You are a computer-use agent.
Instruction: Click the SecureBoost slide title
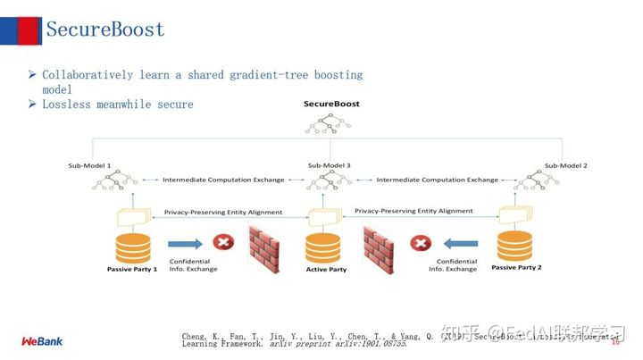[105, 29]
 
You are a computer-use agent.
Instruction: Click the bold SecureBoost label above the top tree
[330, 105]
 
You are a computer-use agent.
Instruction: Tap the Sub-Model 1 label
[90, 165]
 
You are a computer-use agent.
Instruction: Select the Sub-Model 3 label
[329, 166]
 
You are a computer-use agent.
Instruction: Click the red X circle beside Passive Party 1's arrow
[222, 242]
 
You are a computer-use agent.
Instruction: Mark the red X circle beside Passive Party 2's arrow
[420, 242]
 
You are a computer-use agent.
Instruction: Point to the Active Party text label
[326, 270]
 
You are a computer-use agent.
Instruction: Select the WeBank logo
[42, 340]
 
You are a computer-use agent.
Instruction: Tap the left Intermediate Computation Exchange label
[223, 180]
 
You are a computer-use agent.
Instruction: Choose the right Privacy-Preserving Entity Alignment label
[413, 211]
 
